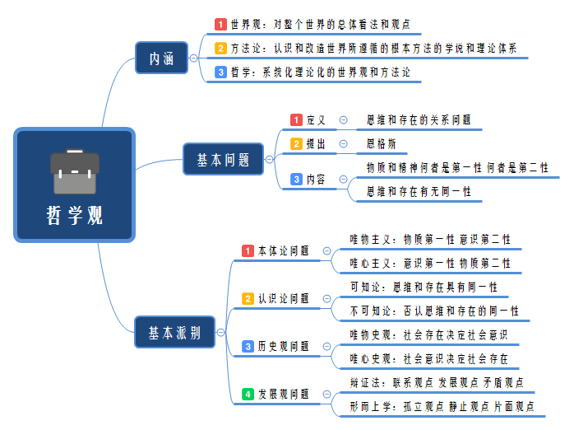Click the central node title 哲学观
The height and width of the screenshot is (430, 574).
pyautogui.click(x=75, y=216)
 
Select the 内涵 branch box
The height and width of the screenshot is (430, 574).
pyautogui.click(x=161, y=58)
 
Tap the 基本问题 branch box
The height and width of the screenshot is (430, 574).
pyautogui.click(x=223, y=160)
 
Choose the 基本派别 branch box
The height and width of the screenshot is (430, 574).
pyautogui.click(x=174, y=333)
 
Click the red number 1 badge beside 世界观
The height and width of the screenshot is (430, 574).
pyautogui.click(x=220, y=24)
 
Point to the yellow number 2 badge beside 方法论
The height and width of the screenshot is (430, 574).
pyautogui.click(x=220, y=48)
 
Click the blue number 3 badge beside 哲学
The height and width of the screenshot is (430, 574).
pyautogui.click(x=220, y=72)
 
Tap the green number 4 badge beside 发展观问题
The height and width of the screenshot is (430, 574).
pyautogui.click(x=248, y=394)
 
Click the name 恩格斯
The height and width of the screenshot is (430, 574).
pyautogui.click(x=381, y=143)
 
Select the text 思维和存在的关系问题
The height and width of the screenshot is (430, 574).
pyautogui.click(x=419, y=119)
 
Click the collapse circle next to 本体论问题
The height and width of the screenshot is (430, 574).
pyautogui.click(x=326, y=250)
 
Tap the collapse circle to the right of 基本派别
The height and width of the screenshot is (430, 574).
pyautogui.click(x=221, y=333)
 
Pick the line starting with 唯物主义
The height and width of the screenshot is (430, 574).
pyautogui.click(x=429, y=239)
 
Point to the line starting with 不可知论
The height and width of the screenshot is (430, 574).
pyautogui.click(x=434, y=311)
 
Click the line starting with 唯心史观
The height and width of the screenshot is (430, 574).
pyautogui.click(x=428, y=358)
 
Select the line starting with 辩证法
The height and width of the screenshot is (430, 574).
pyautogui.click(x=437, y=382)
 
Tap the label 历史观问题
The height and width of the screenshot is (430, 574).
pyautogui.click(x=283, y=346)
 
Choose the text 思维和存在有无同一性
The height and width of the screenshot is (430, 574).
pyautogui.click(x=419, y=191)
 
